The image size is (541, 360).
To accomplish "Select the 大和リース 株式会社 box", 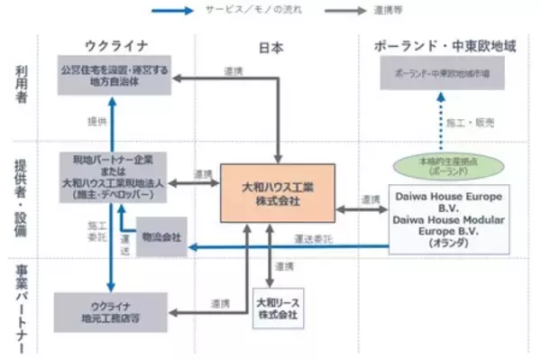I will pyautogui.click(x=277, y=307).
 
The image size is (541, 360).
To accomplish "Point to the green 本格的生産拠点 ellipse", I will pyautogui.click(x=448, y=167).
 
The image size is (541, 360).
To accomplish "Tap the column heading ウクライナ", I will pyautogui.click(x=115, y=44).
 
